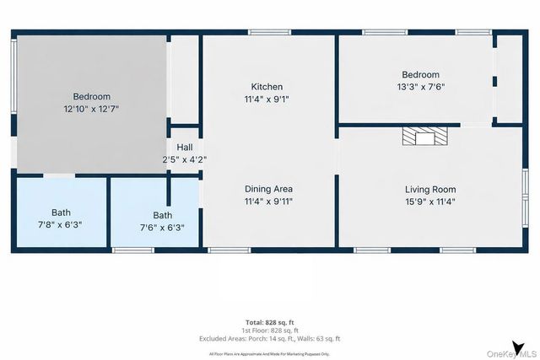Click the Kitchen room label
point(267,87)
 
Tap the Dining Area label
point(268,189)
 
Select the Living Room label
point(429,189)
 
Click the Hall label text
point(184,147)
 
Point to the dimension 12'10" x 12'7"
point(91,109)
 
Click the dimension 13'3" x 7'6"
point(420,87)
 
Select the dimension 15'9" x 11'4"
point(429,201)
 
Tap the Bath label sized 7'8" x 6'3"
point(61,212)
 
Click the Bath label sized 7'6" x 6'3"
point(162,215)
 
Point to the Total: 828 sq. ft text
point(269,323)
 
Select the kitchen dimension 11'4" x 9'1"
point(267,99)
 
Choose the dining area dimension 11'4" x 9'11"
point(268,201)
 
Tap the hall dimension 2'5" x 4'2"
point(184,159)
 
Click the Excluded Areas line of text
point(269,338)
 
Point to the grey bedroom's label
point(91,97)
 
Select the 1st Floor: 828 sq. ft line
point(269,330)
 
